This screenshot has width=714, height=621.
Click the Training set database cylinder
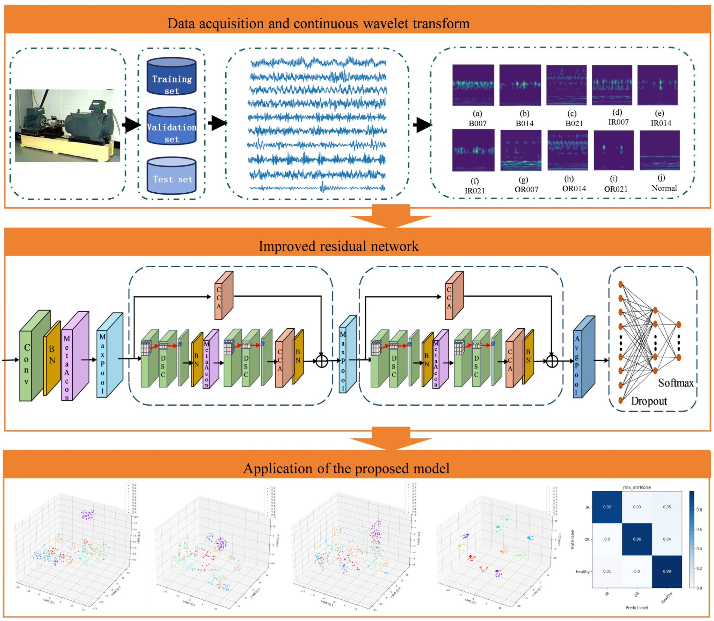coord(172,77)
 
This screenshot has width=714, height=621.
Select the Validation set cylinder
coord(172,126)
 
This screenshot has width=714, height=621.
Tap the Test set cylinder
coord(172,176)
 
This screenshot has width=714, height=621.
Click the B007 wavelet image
coord(473,85)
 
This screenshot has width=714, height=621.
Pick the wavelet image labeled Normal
coord(660,150)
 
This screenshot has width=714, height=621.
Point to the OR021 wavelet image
coord(613,150)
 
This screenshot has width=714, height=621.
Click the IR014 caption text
coord(661,123)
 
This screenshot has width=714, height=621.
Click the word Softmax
coord(676,383)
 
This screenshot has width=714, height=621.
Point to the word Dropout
coord(649,401)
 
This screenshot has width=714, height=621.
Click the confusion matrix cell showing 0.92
coord(607,507)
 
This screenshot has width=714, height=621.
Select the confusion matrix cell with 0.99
coord(666,571)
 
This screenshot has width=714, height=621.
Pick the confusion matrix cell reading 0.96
coord(637,539)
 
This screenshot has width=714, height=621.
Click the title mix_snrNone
coord(637,487)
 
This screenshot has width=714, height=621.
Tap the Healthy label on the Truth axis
coord(582,571)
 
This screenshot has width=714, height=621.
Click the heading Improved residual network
coord(338,246)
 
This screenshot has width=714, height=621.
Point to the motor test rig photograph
coord(67,126)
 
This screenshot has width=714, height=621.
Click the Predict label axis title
coord(636,607)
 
